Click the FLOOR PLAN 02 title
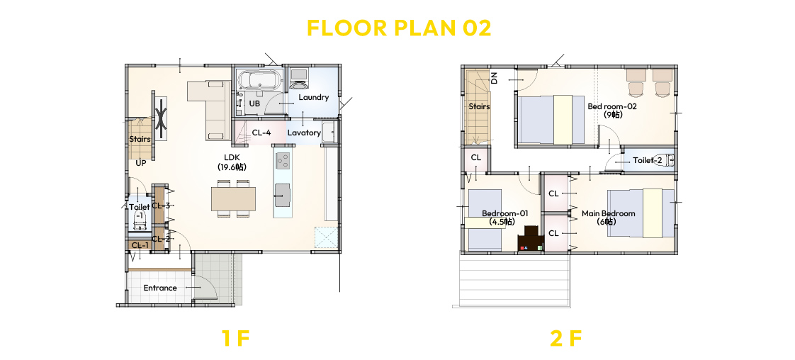[x=398, y=28]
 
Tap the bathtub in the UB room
[x=258, y=79]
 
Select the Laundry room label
[x=313, y=97]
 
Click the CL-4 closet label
[x=261, y=133]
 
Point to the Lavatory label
[x=304, y=133]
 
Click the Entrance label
[x=160, y=288]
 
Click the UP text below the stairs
[x=141, y=164]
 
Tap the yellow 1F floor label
[x=236, y=338]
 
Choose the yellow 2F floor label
[x=566, y=338]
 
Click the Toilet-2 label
[x=648, y=161]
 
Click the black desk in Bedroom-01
[x=531, y=238]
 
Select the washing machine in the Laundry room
[x=298, y=77]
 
